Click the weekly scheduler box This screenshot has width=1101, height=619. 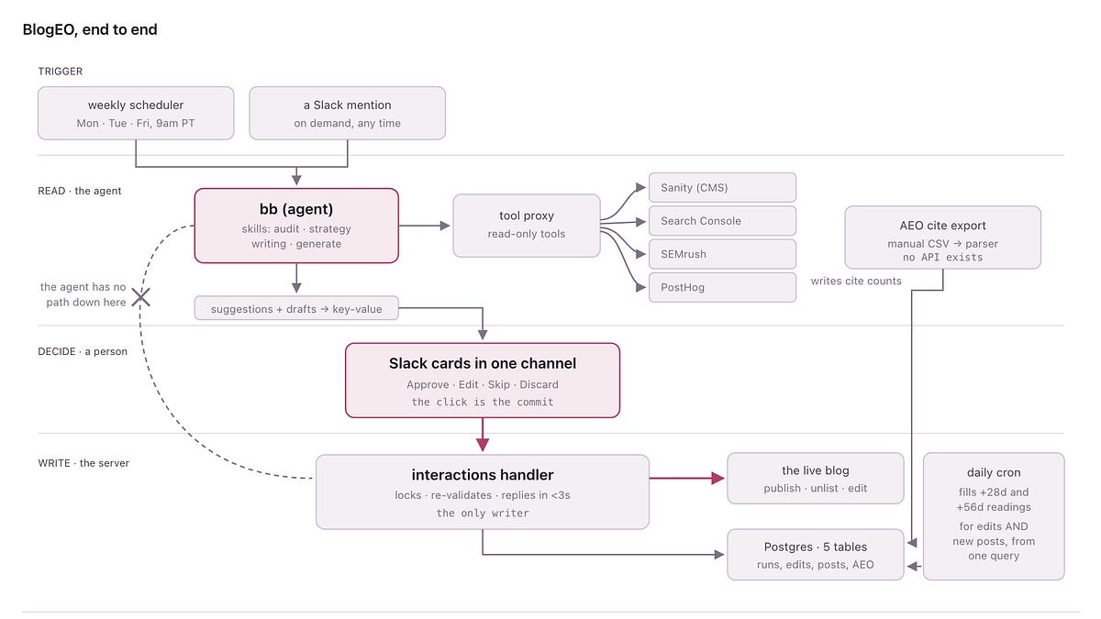(136, 114)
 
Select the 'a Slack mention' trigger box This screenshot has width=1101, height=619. (348, 114)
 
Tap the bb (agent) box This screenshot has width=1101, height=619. (296, 226)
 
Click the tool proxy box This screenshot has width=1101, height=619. (527, 226)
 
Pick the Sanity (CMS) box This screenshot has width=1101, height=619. (723, 188)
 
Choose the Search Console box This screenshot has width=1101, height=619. (723, 221)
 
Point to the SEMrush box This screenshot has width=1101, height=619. (723, 254)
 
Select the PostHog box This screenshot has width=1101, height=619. (723, 287)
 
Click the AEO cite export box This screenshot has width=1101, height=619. (943, 238)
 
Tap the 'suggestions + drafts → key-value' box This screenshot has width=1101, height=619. (296, 308)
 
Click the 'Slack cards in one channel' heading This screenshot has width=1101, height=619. (483, 363)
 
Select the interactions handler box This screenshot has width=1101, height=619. (483, 492)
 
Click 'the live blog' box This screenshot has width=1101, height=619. (816, 479)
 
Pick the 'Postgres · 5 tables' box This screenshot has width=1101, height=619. (816, 555)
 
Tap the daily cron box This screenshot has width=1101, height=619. (994, 516)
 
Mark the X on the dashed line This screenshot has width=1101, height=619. (141, 297)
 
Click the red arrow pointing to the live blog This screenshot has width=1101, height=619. (686, 478)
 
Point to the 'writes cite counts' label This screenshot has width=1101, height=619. (856, 281)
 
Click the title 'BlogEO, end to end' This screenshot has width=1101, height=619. (90, 29)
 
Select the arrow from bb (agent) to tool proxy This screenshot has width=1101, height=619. (424, 226)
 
